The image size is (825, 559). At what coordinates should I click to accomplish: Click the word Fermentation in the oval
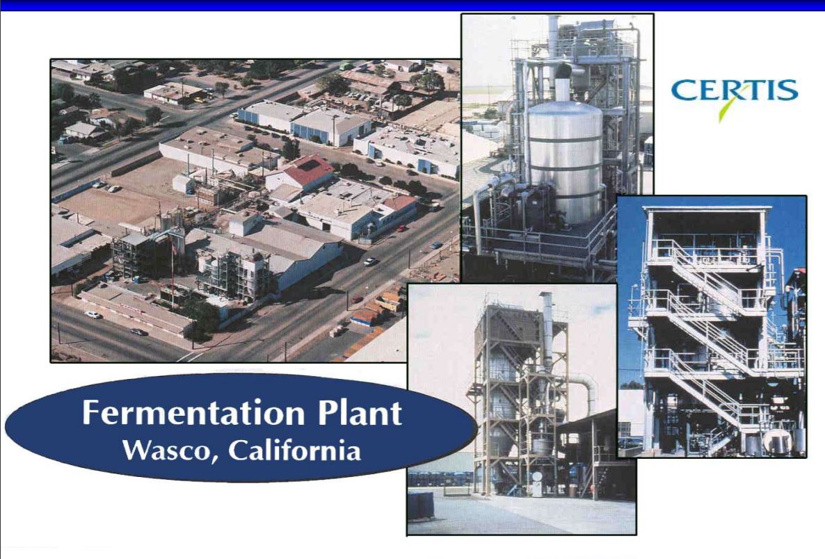pos(193,413)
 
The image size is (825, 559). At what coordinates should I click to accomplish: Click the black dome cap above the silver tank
pos(563,71)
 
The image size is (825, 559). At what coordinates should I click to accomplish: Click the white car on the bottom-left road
pos(93,314)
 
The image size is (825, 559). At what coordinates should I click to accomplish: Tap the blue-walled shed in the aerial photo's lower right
pos(365,317)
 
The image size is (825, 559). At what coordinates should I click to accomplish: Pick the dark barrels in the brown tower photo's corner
pos(421,505)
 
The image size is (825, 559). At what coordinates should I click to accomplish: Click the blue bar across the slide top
pos(412,6)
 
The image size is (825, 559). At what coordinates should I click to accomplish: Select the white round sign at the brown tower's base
pos(537,476)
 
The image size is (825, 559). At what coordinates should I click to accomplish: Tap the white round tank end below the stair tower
pos(776,441)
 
